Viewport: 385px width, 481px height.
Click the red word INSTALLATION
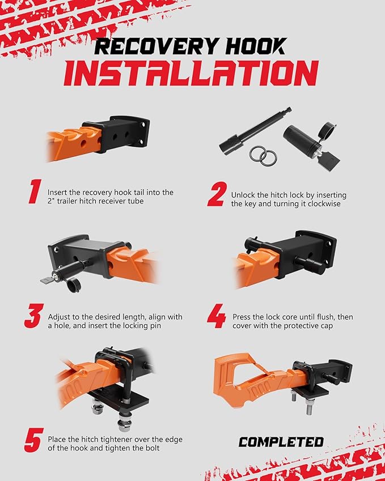coord(191,73)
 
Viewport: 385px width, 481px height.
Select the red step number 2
coord(217,194)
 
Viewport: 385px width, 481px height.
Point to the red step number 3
coord(34,316)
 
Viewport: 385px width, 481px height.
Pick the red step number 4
coord(217,316)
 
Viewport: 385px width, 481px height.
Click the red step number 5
coord(34,440)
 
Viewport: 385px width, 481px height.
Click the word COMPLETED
coord(281,442)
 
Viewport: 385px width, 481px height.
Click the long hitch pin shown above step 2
coord(255,130)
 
